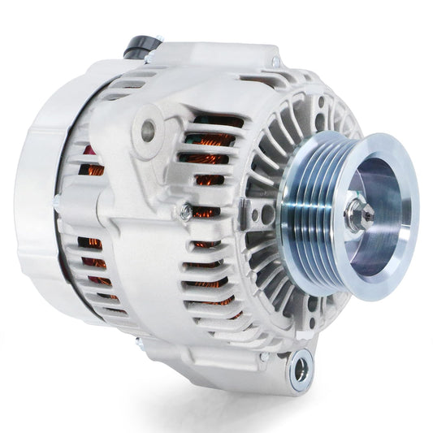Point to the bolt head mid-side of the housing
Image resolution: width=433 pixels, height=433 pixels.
(x=186, y=214)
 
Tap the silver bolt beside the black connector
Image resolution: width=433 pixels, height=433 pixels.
(x=149, y=56)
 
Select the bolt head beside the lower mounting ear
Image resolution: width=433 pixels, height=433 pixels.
(x=265, y=356)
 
